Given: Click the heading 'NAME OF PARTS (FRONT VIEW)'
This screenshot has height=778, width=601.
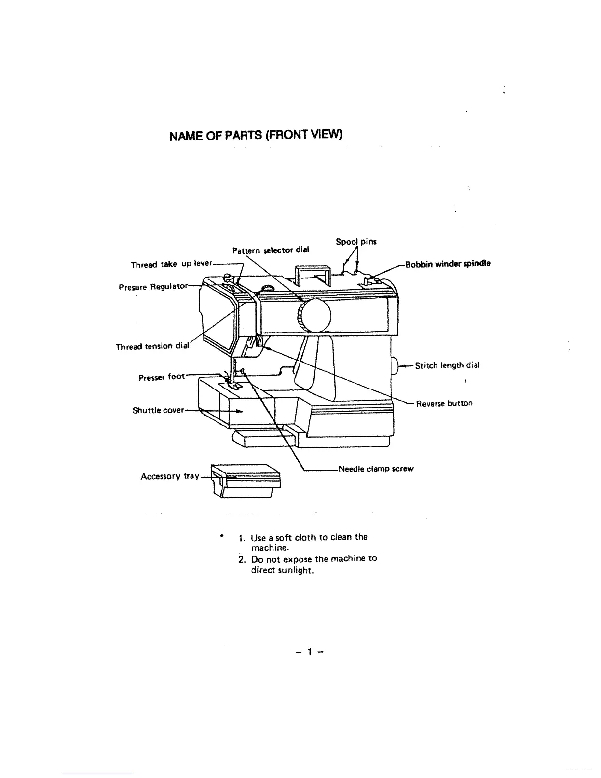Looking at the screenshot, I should point(255,135).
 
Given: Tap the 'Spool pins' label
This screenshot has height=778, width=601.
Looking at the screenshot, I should point(356,242).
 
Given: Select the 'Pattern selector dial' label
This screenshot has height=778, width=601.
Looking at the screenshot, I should point(271,250).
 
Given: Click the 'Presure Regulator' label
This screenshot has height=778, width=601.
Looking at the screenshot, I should point(153,286).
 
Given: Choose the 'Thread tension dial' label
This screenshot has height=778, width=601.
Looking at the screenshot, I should point(152,346).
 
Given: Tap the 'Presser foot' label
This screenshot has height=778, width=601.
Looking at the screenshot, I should point(162,377).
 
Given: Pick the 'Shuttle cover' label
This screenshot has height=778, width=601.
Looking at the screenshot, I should point(158,410).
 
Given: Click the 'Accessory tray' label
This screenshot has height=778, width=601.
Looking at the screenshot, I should point(170,476).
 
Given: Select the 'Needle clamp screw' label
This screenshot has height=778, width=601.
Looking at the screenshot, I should point(376,469).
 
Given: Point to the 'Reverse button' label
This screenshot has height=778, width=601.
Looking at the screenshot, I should point(444,403).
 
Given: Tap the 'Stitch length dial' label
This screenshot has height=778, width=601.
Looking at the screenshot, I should point(447,365).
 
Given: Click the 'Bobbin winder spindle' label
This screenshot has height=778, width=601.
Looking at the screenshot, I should point(447,264).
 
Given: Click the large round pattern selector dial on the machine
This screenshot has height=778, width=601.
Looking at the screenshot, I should point(315,315).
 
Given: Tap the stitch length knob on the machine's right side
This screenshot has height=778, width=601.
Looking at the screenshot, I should point(396,366).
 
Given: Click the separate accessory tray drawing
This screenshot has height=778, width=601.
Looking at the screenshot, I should point(246,481).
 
